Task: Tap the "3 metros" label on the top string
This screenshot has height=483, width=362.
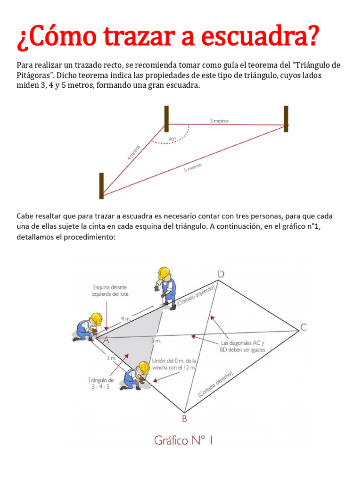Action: tap(219, 121)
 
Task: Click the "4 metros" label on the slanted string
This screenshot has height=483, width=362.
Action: tap(134, 153)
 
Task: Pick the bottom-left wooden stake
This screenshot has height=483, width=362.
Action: tap(101, 185)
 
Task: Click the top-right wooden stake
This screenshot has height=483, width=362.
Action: tap(286, 119)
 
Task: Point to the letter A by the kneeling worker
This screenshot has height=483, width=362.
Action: tap(106, 340)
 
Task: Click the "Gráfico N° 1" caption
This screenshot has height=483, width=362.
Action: tap(184, 441)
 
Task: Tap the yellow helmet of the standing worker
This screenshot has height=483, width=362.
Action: tap(164, 272)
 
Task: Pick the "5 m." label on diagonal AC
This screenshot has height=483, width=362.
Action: tap(156, 340)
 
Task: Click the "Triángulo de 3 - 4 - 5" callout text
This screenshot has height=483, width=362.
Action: tap(101, 383)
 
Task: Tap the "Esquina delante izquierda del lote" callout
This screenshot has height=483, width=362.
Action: tap(110, 290)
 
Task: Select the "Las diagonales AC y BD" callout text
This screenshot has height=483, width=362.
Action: tap(243, 346)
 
